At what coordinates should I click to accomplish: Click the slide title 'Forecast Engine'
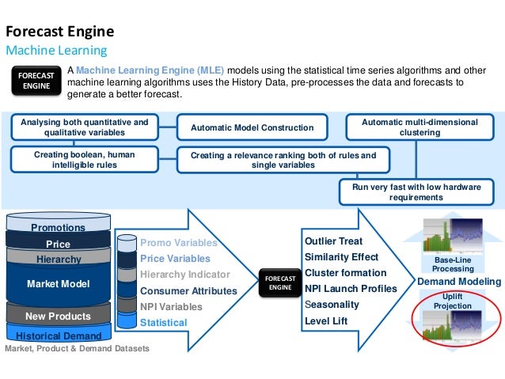click(x=60, y=32)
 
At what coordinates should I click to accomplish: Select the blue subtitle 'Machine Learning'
click(x=56, y=51)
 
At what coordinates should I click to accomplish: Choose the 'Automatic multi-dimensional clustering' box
click(x=420, y=127)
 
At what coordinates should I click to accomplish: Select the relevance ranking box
click(x=283, y=160)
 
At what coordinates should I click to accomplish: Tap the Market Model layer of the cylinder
click(x=58, y=283)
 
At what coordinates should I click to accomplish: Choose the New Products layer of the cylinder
click(x=58, y=316)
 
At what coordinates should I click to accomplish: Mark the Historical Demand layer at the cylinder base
click(x=58, y=336)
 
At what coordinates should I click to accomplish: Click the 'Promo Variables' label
click(x=178, y=243)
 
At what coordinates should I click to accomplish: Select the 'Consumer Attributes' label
click(x=188, y=290)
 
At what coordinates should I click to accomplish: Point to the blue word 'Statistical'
click(x=164, y=322)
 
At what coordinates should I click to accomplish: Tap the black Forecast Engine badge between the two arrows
click(x=280, y=283)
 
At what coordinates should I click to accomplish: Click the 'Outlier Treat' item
click(x=333, y=241)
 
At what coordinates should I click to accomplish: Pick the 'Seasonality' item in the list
click(x=332, y=305)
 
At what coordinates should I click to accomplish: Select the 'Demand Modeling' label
click(x=459, y=282)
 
